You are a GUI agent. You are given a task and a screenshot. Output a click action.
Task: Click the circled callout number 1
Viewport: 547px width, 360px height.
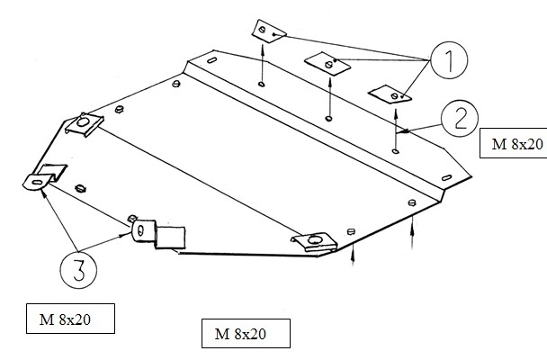(449, 60)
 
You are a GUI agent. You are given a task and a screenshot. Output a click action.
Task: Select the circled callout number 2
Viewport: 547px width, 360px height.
(460, 118)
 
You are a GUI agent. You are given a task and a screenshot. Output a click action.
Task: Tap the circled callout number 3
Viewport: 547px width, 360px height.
(78, 270)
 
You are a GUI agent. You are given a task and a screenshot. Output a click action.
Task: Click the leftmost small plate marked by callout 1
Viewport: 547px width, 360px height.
(269, 31)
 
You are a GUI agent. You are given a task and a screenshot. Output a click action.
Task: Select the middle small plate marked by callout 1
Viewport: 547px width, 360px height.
(327, 64)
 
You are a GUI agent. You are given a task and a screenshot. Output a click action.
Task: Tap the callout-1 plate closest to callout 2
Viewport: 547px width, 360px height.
(390, 94)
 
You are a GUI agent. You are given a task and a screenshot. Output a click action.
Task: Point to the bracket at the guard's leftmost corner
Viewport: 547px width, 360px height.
(43, 177)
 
